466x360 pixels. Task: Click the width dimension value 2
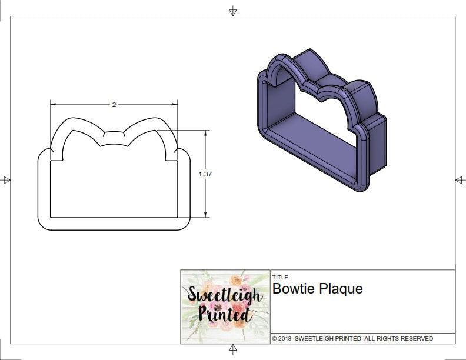[x=114, y=105]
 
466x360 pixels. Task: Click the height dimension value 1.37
[x=205, y=174]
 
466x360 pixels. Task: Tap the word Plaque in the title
[x=341, y=289]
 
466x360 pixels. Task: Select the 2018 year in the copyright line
[x=285, y=338]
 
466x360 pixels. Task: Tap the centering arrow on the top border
[x=233, y=11]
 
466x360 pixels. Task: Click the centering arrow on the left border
[x=6, y=180]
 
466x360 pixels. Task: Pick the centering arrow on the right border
[x=460, y=180]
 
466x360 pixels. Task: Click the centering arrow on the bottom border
[x=233, y=349]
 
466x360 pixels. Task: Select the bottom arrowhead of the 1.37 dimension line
[x=205, y=215]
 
